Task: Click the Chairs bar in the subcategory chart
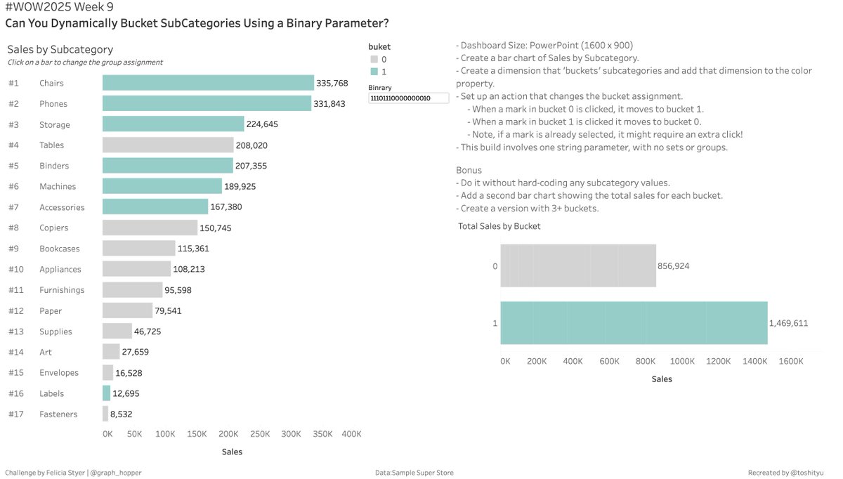[x=208, y=83]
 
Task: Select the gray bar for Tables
[x=167, y=145]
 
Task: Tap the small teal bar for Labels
[x=106, y=393]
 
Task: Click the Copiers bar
[x=150, y=228]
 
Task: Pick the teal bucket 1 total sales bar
[x=633, y=323]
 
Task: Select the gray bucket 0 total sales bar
[x=577, y=266]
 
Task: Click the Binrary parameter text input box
[x=408, y=99]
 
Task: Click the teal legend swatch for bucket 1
[x=374, y=72]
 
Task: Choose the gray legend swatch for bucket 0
[x=374, y=60]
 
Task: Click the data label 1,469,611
[x=789, y=323]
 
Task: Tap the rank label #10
[x=16, y=270]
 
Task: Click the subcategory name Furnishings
[x=62, y=290]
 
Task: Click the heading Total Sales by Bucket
[x=499, y=226]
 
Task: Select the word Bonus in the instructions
[x=468, y=171]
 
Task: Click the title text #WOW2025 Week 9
[x=59, y=8]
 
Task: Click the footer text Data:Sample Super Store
[x=414, y=473]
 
